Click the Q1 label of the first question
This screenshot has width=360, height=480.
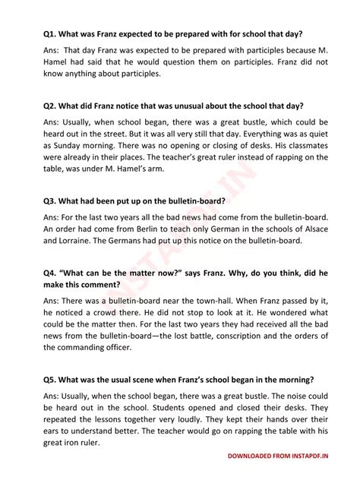pyautogui.click(x=51, y=35)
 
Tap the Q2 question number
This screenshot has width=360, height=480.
pyautogui.click(x=51, y=106)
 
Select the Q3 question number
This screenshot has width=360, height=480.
pyautogui.click(x=51, y=201)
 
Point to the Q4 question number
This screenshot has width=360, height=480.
pyautogui.click(x=51, y=272)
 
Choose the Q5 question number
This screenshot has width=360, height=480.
pyautogui.click(x=51, y=379)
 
